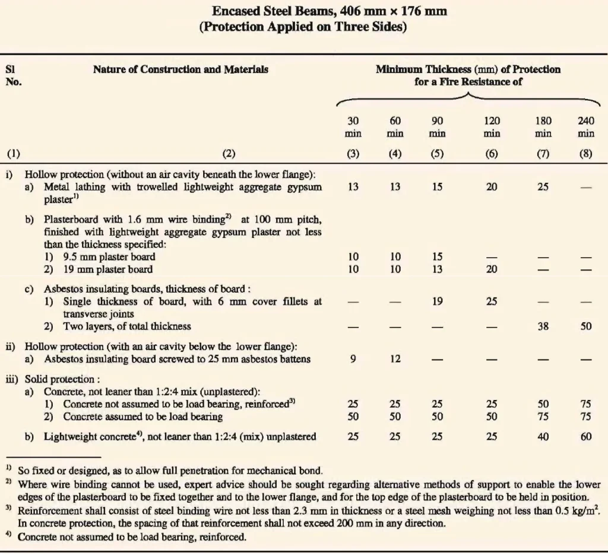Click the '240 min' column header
585,127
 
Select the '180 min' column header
543,127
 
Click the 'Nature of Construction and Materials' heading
180,69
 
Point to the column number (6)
492,154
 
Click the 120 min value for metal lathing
492,187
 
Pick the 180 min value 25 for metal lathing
543,187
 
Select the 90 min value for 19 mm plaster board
437,269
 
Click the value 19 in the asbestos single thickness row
437,301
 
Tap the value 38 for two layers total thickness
543,326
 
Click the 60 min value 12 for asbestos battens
395,359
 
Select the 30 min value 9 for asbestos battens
353,359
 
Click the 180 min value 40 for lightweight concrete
543,437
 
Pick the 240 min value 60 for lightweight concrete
585,437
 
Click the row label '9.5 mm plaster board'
109,257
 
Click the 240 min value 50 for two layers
585,326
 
